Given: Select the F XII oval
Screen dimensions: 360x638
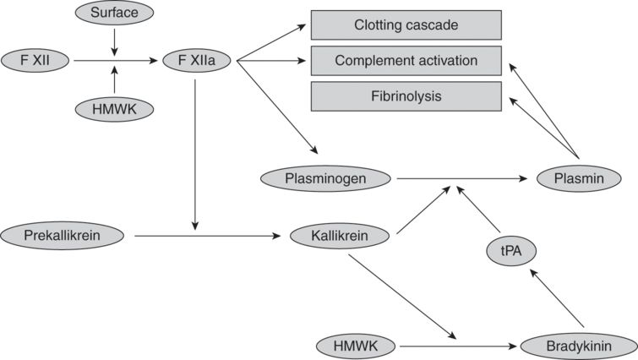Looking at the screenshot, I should click(35, 60).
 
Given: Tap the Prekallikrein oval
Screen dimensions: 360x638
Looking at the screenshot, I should click(63, 236).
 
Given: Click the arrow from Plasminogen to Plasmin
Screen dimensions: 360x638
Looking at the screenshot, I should click(461, 178).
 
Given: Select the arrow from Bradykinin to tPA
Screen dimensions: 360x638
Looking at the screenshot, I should click(557, 300).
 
